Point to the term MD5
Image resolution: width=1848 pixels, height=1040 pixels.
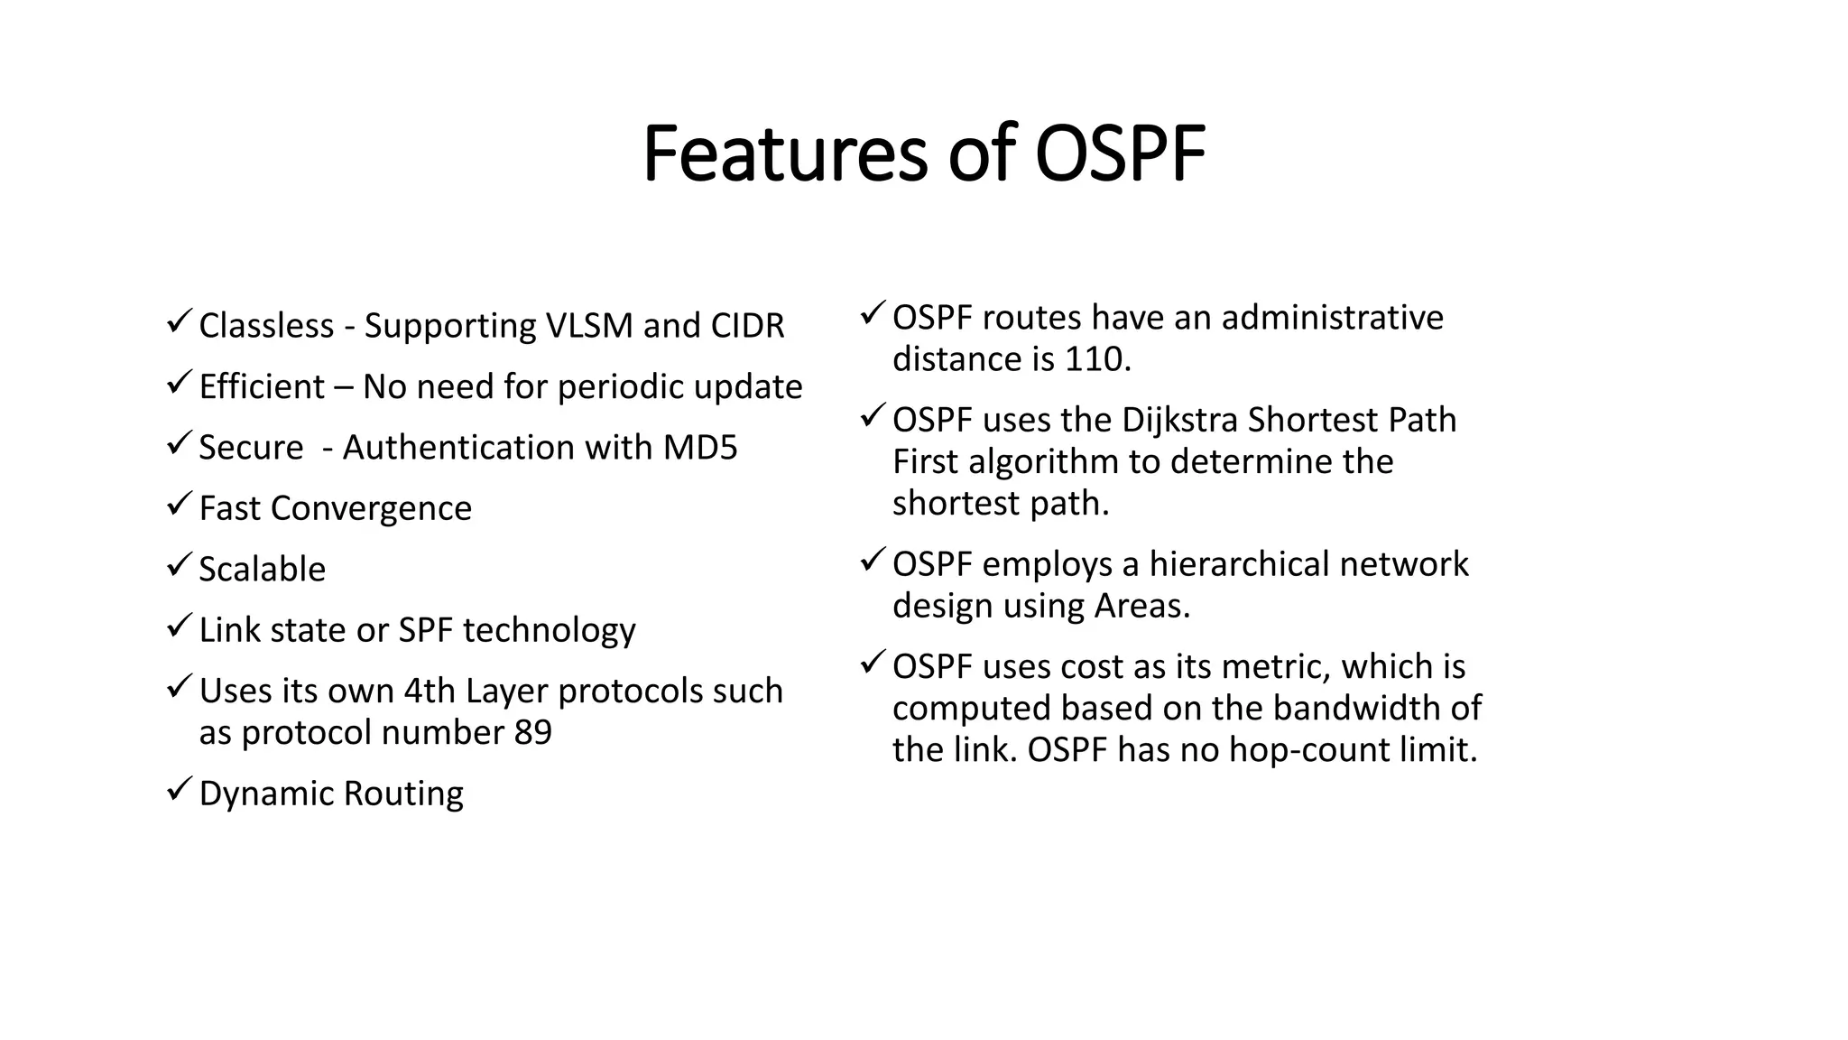click(x=700, y=448)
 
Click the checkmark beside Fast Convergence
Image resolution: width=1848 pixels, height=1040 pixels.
click(x=180, y=503)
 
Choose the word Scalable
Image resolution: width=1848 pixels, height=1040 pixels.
click(x=262, y=570)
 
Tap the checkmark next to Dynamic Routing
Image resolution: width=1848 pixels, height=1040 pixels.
click(x=180, y=788)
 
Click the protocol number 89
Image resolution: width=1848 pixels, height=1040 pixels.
click(x=532, y=732)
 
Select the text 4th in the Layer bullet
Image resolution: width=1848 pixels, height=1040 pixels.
click(x=430, y=691)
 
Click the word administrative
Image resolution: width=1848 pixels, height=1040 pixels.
click(x=1332, y=318)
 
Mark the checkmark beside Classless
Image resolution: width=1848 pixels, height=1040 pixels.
click(x=180, y=320)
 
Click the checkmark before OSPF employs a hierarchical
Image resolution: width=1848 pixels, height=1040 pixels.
click(x=873, y=560)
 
